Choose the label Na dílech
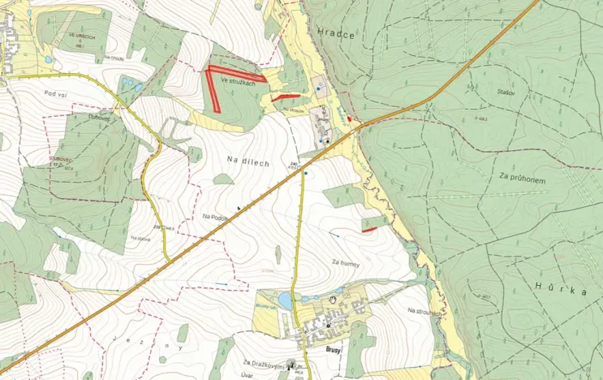248,162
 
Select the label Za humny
345,262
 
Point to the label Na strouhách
424,311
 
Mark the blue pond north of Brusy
285,301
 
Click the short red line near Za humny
369,230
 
